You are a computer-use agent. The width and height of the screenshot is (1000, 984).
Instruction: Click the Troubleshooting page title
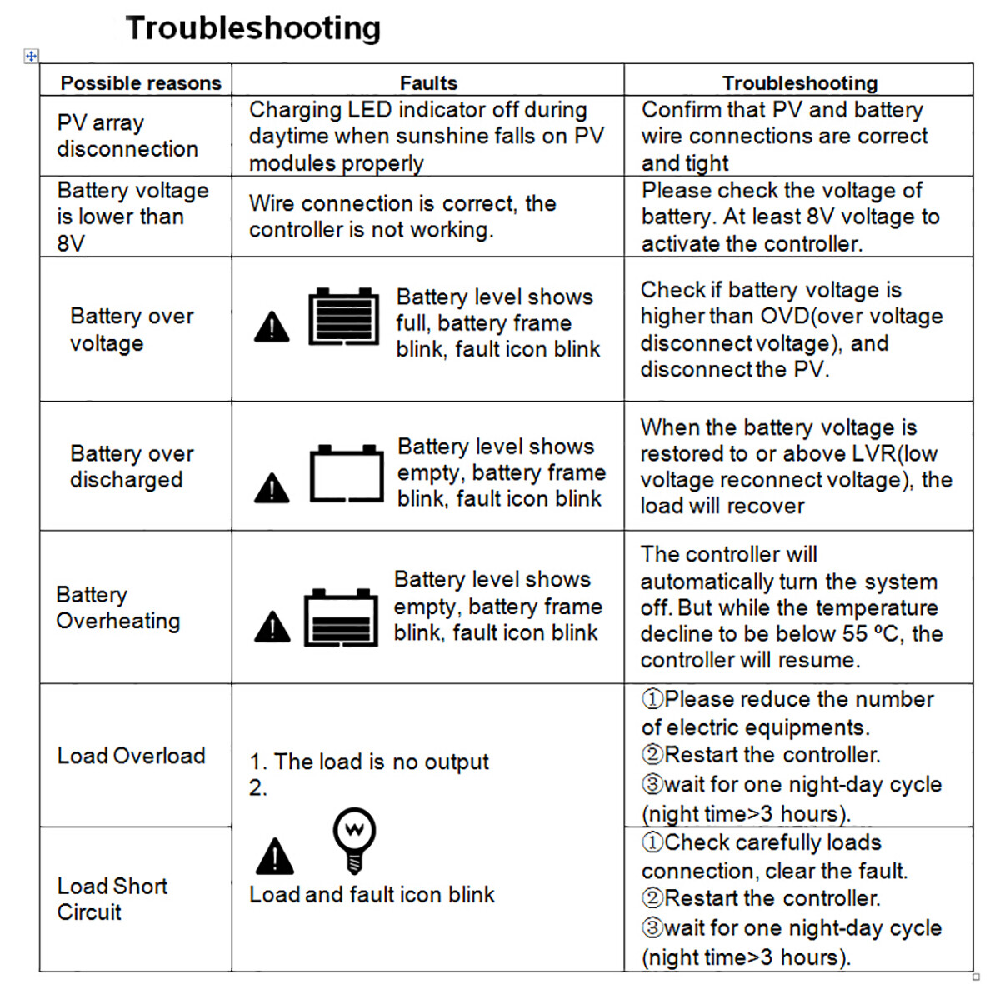[x=253, y=28]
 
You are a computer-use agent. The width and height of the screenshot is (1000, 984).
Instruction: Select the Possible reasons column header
[x=141, y=83]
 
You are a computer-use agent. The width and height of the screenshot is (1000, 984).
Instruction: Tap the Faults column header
[x=428, y=83]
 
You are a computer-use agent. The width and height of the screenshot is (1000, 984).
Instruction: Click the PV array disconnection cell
[x=127, y=136]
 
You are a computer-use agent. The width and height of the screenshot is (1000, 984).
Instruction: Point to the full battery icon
[x=343, y=317]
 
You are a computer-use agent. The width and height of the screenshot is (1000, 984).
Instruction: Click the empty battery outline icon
[x=347, y=474]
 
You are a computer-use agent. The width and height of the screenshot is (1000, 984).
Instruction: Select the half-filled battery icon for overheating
[x=341, y=617]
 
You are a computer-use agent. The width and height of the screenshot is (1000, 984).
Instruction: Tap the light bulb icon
[x=354, y=838]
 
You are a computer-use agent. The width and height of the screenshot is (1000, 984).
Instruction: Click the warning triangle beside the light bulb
[x=275, y=857]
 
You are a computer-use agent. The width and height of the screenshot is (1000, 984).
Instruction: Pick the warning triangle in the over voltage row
[x=272, y=327]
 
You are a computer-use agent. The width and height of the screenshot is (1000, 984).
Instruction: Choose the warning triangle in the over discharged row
[x=272, y=488]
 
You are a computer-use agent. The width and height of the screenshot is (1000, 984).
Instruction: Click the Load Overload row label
[x=131, y=756]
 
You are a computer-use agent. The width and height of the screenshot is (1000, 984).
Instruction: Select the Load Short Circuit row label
[x=112, y=899]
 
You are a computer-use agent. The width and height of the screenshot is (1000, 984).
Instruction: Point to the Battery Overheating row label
[x=117, y=607]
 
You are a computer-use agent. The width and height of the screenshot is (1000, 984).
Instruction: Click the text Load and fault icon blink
[x=372, y=895]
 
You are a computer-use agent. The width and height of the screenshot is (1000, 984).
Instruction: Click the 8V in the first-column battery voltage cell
[x=71, y=243]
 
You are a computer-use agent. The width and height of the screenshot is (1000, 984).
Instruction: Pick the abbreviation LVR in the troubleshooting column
[x=874, y=454]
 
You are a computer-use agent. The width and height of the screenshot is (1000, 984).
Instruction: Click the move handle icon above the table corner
[x=31, y=56]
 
